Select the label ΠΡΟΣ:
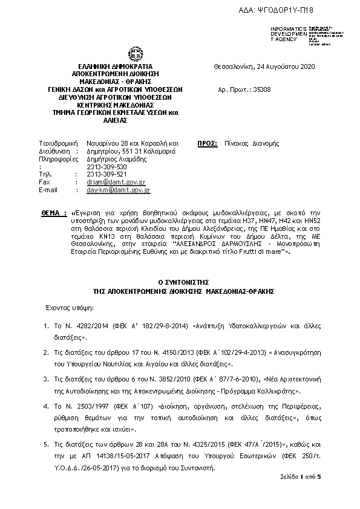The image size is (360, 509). click(208, 144)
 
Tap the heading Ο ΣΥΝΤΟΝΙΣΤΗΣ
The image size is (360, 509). click(180, 282)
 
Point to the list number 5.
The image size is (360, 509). click(46, 444)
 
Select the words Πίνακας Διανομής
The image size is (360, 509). click(258, 144)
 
